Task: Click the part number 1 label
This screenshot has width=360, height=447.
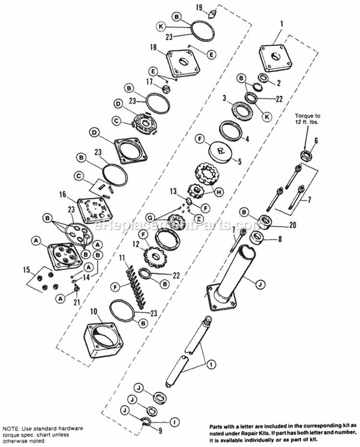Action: point(282,22)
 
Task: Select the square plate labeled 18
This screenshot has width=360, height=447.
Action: point(183,62)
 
